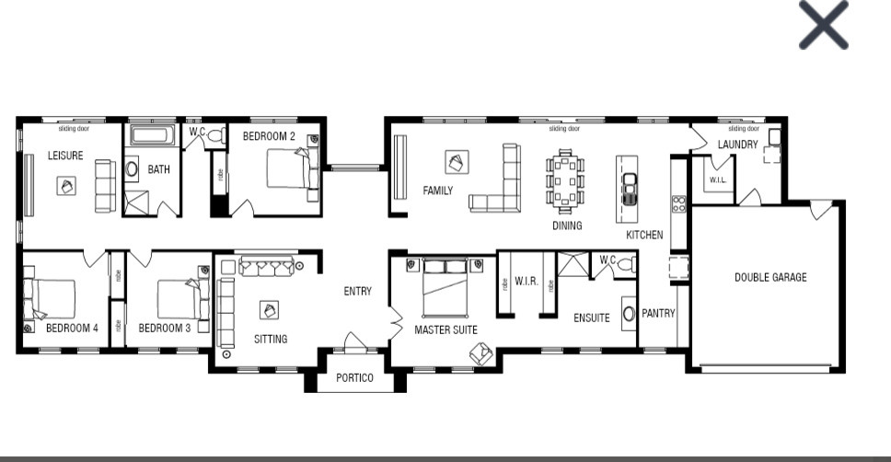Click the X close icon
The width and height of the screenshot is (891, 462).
823,25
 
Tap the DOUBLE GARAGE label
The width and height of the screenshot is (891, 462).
769,277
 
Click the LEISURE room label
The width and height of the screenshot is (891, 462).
65,156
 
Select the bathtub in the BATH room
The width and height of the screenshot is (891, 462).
152,136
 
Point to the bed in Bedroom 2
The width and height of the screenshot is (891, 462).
289,169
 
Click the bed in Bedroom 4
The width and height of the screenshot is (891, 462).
52,298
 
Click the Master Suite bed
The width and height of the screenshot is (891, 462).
445,287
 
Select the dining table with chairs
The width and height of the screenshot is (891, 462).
564,180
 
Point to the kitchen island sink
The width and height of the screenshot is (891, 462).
630,189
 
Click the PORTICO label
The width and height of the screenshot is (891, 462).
354,377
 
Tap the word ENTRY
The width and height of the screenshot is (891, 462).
357,292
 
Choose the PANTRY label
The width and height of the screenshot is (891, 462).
658,313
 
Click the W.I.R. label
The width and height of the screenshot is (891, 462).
526,281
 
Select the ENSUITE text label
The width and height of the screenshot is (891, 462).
591,318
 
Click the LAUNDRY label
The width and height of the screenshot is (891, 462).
738,144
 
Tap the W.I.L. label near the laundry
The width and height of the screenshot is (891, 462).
717,180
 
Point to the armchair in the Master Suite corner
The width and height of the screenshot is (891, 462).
480,352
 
